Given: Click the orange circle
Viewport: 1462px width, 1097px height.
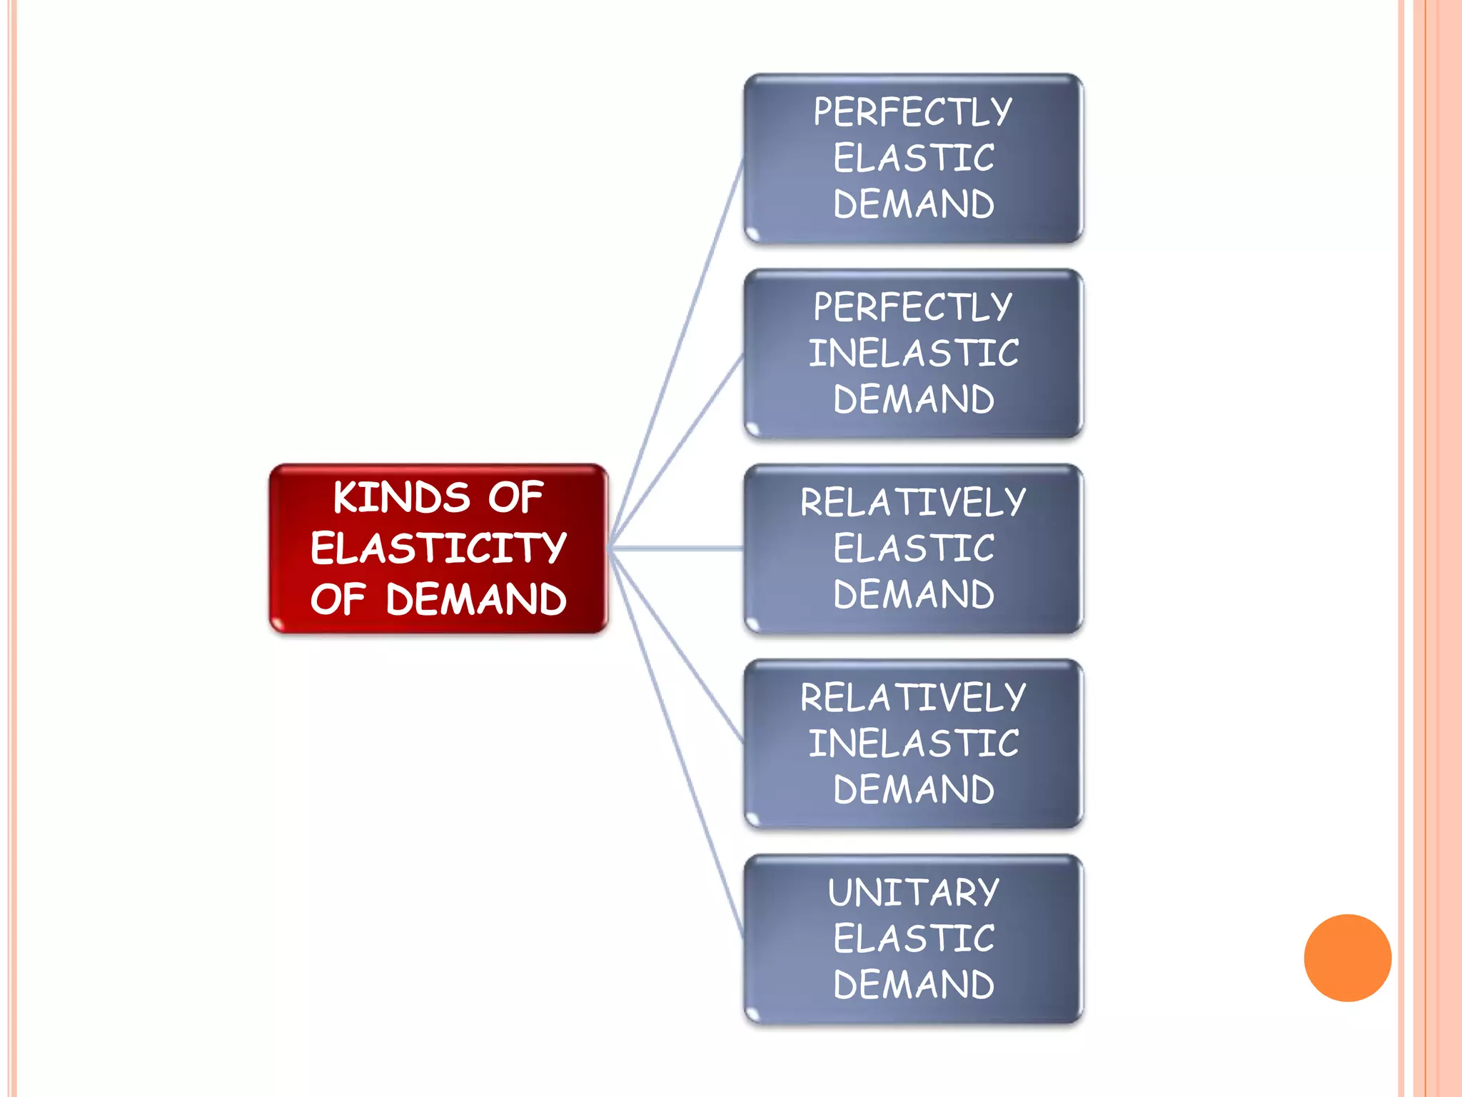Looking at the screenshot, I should point(1347,958).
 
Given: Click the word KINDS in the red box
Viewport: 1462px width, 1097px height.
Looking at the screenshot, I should point(401,497).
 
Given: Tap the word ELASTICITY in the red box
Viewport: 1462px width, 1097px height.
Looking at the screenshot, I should point(438,548).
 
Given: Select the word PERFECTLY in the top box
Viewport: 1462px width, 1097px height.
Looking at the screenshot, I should point(913,112).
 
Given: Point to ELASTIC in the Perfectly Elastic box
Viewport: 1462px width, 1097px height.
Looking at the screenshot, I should point(914,158).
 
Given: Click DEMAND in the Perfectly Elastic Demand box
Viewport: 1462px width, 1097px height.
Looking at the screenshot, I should point(914,204).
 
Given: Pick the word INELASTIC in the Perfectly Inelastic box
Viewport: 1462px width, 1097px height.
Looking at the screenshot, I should point(914,354).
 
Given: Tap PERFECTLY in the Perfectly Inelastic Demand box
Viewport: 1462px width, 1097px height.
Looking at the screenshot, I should point(913,307).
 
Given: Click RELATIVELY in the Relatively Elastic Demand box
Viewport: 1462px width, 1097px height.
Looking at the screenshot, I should point(913,502).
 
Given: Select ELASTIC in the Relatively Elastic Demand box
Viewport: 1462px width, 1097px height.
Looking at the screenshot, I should point(914,548).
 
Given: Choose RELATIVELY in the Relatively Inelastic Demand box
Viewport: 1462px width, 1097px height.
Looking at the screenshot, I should point(913,697).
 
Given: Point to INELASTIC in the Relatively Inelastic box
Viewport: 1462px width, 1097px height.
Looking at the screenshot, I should point(914,743).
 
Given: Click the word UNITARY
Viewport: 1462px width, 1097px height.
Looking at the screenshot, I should point(914,893).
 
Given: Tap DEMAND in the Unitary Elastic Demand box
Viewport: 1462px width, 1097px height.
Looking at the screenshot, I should point(914,984).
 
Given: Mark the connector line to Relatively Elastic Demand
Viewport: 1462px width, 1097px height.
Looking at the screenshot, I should point(678,548).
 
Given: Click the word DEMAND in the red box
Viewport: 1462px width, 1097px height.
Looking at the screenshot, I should point(476,599).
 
